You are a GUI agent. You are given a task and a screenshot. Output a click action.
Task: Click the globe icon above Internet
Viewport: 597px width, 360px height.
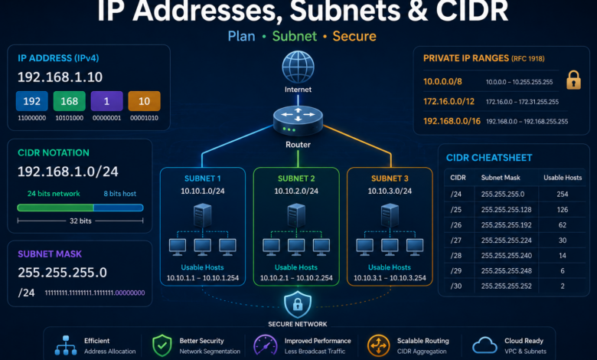click(x=298, y=67)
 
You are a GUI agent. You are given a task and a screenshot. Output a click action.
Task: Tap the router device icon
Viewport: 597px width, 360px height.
click(x=298, y=121)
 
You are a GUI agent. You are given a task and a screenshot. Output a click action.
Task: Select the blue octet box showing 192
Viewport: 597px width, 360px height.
click(x=32, y=101)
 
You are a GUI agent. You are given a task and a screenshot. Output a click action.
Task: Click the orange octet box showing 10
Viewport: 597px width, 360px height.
click(x=145, y=101)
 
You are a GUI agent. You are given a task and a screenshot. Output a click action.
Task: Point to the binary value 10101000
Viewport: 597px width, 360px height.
click(x=70, y=118)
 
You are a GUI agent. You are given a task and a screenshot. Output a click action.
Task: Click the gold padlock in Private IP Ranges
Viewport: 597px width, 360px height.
click(x=573, y=80)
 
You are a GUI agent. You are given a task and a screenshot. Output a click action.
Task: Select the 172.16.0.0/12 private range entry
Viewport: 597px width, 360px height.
click(x=449, y=101)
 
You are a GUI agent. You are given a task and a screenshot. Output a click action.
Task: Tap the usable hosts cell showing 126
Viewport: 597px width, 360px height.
click(x=563, y=210)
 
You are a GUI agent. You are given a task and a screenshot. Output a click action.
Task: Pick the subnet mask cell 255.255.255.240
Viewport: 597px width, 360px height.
click(x=507, y=255)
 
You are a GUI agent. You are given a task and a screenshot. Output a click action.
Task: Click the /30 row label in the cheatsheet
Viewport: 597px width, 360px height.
click(x=455, y=286)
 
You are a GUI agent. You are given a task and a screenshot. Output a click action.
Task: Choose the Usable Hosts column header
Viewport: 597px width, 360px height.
click(x=563, y=178)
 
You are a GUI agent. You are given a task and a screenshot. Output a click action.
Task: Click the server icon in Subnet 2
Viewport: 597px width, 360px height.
click(x=296, y=216)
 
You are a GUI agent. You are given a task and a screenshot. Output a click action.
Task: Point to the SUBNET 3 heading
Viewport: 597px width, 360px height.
click(x=390, y=178)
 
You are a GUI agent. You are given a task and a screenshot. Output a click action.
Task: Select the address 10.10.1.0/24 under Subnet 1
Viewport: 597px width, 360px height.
click(x=203, y=191)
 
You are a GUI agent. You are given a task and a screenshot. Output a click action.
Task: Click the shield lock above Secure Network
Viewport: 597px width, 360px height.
click(x=298, y=304)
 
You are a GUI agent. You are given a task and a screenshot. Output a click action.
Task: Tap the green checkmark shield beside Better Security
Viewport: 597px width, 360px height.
click(x=162, y=345)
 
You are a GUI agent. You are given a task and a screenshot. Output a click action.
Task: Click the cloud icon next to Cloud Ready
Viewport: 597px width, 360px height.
click(x=484, y=345)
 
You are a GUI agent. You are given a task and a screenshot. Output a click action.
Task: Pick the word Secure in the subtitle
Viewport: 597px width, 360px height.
click(x=354, y=36)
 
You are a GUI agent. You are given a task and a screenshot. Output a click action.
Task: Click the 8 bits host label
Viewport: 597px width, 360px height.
click(x=120, y=194)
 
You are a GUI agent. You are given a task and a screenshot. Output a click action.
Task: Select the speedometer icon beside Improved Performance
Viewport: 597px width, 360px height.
click(x=266, y=345)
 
